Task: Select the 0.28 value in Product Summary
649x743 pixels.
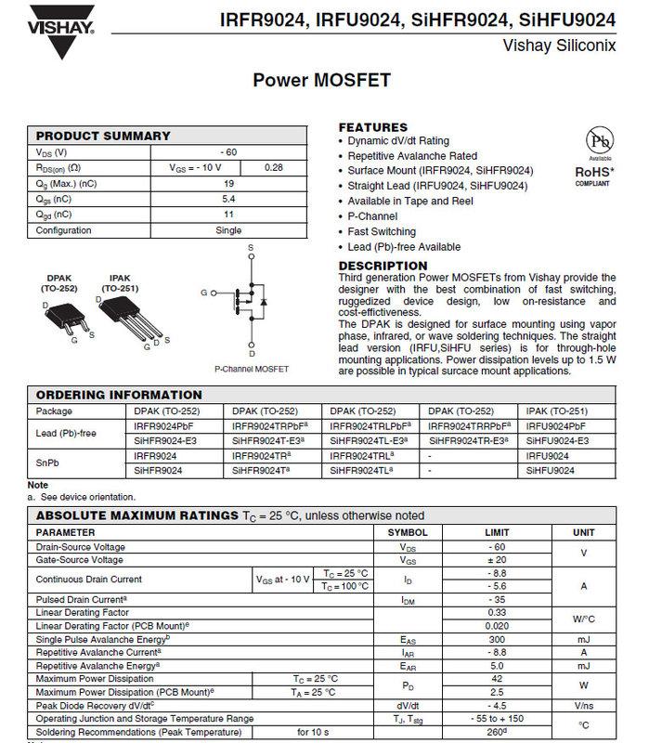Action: coord(273,167)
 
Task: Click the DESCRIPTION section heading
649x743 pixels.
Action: coord(383,266)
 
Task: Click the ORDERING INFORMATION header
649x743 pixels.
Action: coord(119,395)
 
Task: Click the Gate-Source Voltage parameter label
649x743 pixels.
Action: coord(79,560)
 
